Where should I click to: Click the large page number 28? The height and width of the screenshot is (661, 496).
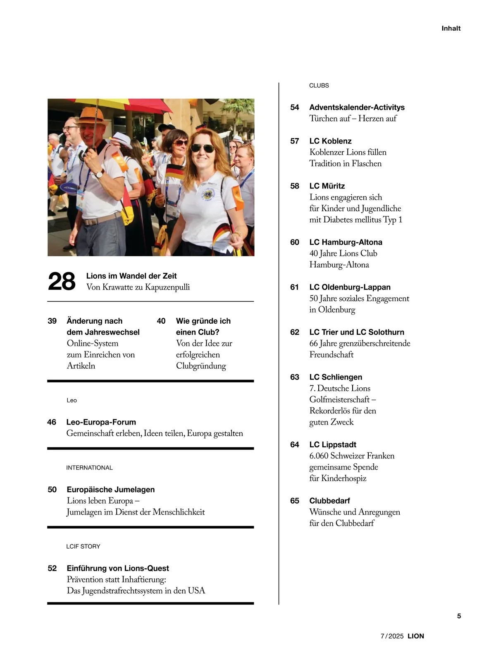pos(62,282)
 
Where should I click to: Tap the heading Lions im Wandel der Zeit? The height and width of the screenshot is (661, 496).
pos(131,276)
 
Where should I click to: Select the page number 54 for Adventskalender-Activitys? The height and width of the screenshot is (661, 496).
pos(294,107)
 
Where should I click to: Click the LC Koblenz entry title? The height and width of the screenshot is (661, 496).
pos(330,141)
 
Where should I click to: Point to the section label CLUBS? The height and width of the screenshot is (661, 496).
pos(319,86)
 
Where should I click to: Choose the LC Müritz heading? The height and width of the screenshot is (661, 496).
pos(327,186)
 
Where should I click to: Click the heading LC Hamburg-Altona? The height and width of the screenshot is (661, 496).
pos(346,242)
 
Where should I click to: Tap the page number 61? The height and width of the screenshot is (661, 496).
pos(294,287)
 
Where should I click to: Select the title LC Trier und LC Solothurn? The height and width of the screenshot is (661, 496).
pos(357,332)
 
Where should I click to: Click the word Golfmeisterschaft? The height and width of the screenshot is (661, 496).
pos(340,399)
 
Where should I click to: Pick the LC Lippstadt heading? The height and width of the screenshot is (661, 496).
pos(333,445)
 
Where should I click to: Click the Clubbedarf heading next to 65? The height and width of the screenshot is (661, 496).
pos(329,501)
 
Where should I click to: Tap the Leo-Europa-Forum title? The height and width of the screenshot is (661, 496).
pos(101,422)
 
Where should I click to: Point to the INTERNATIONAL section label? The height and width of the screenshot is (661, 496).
pos(89,468)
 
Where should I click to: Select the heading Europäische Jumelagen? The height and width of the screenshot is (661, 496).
pos(110,489)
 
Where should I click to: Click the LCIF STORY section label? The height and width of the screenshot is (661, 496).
pos(83,546)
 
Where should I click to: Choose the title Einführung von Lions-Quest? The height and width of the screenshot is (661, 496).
pos(117,568)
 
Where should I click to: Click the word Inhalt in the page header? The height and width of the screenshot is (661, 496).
pos(451,29)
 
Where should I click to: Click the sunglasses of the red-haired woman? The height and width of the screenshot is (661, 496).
pos(203,148)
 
